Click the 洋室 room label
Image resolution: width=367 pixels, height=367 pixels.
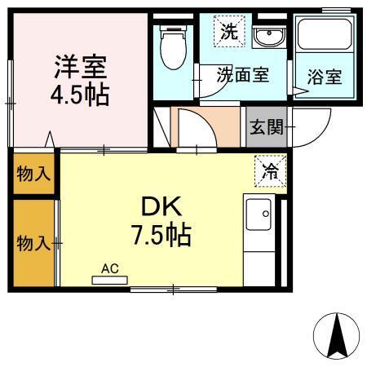82,65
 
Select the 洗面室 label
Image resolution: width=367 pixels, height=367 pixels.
242,75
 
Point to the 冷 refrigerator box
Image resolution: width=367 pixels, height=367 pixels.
269,170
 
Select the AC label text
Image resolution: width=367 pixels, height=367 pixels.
110,267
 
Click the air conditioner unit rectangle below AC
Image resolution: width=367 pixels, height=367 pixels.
110,280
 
